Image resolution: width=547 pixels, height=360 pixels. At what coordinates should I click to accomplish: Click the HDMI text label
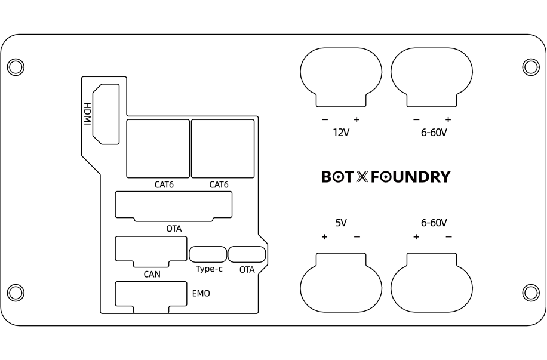coord(87,114)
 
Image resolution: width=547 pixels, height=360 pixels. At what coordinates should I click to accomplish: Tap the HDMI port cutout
coord(106,113)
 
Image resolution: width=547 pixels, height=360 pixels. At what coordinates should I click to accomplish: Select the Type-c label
coord(209,269)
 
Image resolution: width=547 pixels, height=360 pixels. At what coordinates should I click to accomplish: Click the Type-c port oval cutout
coord(208,254)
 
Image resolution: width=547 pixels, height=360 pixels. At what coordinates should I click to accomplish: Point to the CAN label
coord(152,275)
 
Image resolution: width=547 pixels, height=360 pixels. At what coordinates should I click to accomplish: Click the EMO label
coord(201,294)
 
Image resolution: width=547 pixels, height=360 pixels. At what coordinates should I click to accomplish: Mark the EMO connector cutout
coord(150,296)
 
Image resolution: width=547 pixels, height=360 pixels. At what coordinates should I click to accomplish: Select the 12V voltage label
coord(340,133)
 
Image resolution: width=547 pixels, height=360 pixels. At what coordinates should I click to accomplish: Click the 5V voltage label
coord(341,223)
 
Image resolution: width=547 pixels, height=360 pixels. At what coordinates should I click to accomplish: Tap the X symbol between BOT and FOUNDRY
coord(362,177)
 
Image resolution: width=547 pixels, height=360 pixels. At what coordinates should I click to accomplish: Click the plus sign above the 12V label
coord(357,118)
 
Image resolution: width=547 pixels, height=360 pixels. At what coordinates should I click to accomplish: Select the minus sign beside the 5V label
coord(357,237)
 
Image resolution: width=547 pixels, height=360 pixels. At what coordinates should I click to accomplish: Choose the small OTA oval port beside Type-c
coord(247,254)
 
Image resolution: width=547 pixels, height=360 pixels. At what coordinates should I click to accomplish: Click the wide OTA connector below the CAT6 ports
coord(174,206)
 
